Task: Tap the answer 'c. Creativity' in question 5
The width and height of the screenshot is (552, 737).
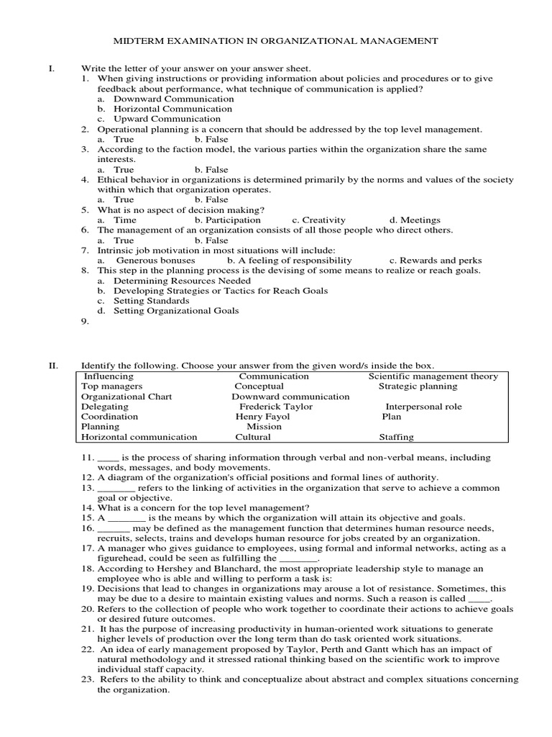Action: pyautogui.click(x=318, y=220)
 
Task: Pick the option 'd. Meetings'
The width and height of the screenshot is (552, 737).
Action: pyautogui.click(x=415, y=220)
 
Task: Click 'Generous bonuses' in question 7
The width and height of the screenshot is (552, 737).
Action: pyautogui.click(x=155, y=261)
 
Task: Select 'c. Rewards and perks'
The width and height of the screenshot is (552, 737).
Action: pyautogui.click(x=436, y=261)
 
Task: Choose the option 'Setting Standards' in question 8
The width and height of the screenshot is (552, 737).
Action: pyautogui.click(x=151, y=301)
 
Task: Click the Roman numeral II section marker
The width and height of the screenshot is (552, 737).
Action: pyautogui.click(x=52, y=366)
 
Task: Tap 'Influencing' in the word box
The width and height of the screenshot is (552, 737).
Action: pyautogui.click(x=109, y=376)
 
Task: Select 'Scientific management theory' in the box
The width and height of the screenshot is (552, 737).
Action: pyautogui.click(x=433, y=376)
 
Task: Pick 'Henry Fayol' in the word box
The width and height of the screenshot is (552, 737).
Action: pyautogui.click(x=262, y=417)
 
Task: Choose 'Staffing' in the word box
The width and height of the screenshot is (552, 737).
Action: pyautogui.click(x=396, y=437)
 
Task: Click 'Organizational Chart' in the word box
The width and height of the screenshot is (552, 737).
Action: pyautogui.click(x=126, y=397)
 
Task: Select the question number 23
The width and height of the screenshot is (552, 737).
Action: pyautogui.click(x=87, y=679)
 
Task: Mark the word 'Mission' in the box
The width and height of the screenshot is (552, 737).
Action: pyautogui.click(x=264, y=427)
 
